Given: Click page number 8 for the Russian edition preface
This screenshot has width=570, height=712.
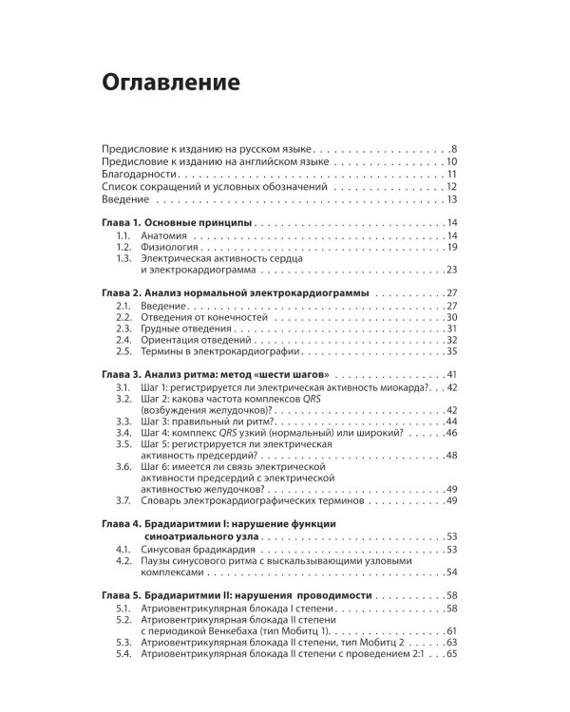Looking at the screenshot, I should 455,150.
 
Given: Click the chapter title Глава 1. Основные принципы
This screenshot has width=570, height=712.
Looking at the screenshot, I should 177,223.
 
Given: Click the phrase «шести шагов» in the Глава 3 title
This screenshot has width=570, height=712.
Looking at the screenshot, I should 290,375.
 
